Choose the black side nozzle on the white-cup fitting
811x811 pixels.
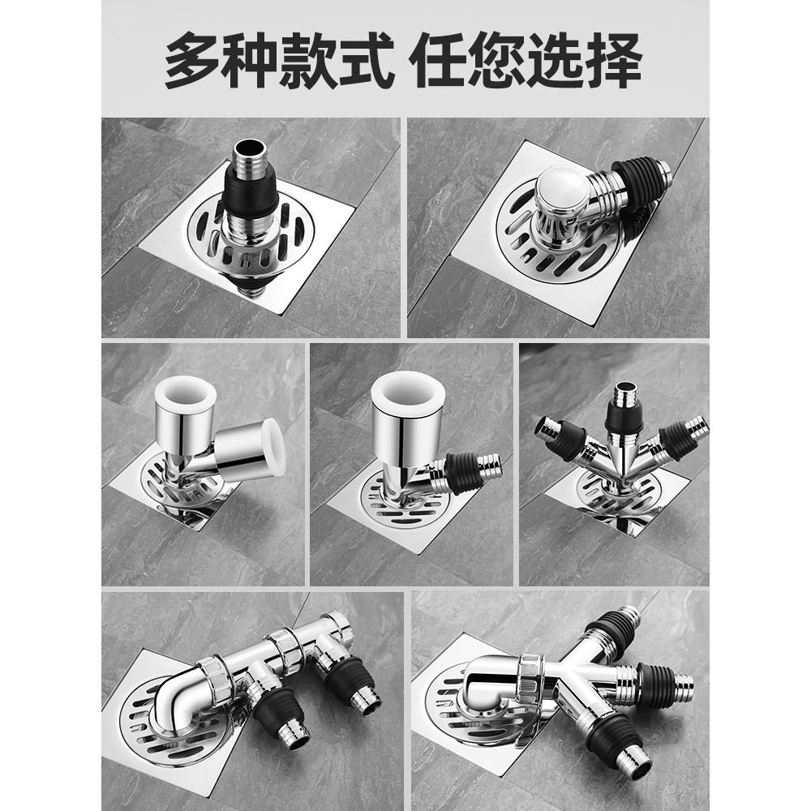(x=465, y=474)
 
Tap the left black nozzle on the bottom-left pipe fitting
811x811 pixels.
(x=280, y=711)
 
